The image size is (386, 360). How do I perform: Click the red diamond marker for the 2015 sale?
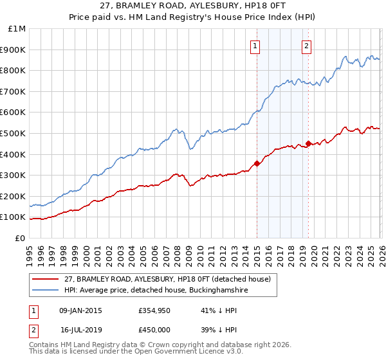pyautogui.click(x=257, y=163)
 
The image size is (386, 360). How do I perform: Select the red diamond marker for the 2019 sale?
pyautogui.click(x=308, y=143)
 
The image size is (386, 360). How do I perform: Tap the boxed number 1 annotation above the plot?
pyautogui.click(x=256, y=46)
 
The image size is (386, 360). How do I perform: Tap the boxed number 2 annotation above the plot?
pyautogui.click(x=307, y=46)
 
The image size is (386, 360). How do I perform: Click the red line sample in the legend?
pyautogui.click(x=46, y=279)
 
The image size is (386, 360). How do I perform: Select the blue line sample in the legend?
pyautogui.click(x=46, y=291)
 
